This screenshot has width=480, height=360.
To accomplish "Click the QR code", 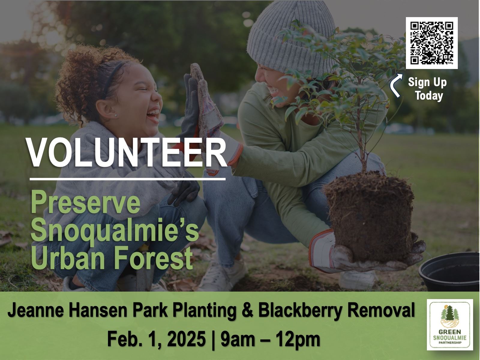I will point(432,43).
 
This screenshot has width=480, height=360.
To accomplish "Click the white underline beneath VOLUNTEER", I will point(127,179).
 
